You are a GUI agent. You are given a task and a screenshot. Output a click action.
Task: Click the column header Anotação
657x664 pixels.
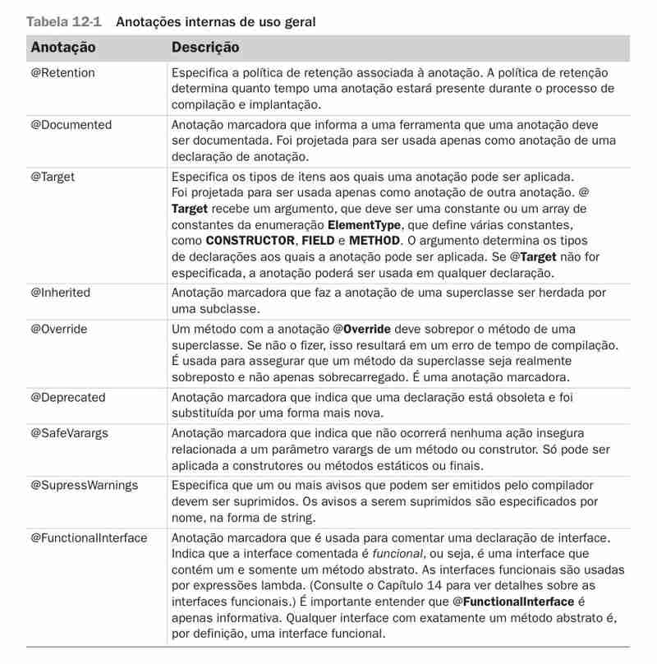[62, 48]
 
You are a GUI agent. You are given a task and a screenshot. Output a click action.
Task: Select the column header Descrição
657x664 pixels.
[205, 48]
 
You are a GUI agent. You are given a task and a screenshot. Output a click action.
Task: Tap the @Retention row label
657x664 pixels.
[62, 72]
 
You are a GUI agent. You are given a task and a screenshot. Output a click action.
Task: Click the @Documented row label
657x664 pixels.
[71, 125]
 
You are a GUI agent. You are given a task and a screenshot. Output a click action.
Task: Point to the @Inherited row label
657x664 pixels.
[61, 293]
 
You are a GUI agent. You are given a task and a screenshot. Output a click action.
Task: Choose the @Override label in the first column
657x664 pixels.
[59, 329]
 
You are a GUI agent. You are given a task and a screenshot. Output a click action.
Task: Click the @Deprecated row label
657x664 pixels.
[68, 397]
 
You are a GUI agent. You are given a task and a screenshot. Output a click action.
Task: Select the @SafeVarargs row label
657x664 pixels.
[70, 432]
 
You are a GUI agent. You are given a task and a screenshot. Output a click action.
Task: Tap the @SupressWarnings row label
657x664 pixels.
[84, 485]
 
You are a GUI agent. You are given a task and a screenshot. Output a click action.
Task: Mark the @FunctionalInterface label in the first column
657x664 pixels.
[89, 537]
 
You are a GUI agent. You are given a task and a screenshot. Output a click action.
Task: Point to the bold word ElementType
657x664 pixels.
[364, 224]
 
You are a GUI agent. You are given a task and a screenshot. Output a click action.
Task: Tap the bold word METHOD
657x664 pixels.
[374, 241]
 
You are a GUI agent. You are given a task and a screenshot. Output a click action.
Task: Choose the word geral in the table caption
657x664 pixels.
[298, 22]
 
